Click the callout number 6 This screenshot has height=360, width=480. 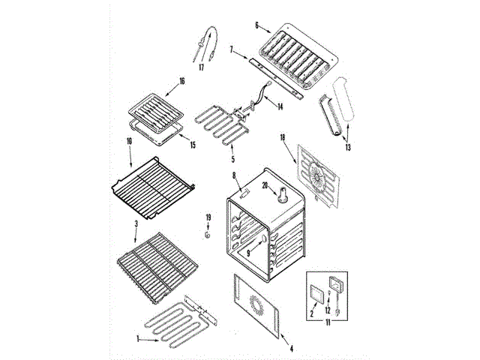(x=257, y=25)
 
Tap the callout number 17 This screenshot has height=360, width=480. (x=201, y=67)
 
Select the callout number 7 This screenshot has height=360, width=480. (x=232, y=50)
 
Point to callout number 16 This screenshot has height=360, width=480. (x=181, y=81)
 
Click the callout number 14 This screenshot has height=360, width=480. (x=280, y=107)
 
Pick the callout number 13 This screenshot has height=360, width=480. (x=347, y=148)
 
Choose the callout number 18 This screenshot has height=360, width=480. (x=283, y=138)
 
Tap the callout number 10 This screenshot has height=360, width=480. (x=128, y=140)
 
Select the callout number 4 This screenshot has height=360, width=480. (x=291, y=348)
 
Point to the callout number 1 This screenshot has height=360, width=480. (x=138, y=339)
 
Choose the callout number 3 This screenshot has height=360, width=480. (x=136, y=224)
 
